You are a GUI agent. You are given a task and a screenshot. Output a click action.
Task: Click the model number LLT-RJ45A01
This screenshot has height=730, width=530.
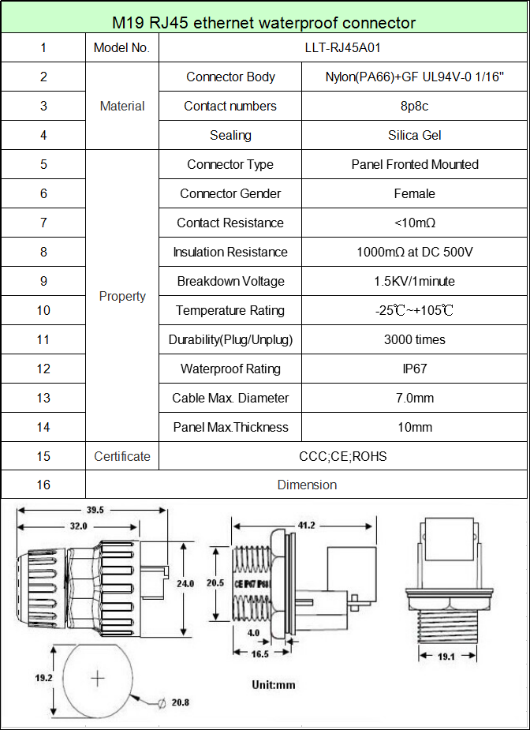coord(342,47)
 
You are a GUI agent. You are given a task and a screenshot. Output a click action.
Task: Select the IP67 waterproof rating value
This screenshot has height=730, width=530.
coord(415,369)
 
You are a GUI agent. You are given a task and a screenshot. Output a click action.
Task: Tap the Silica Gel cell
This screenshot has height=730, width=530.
coord(415,135)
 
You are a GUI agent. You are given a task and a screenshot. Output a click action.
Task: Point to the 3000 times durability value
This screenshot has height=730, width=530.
coord(415,339)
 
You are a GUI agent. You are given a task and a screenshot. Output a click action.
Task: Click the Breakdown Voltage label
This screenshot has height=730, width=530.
coord(230,281)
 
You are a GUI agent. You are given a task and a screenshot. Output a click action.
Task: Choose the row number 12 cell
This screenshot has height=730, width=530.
coord(43,369)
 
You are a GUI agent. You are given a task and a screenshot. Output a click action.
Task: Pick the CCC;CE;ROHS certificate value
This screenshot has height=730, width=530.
coord(342,456)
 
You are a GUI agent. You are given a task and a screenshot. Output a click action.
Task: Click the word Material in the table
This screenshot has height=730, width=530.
coord(122,107)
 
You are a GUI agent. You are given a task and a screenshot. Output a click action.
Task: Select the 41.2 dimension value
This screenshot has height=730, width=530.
coord(306,525)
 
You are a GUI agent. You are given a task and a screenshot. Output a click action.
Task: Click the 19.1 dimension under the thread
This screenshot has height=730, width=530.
coord(446,657)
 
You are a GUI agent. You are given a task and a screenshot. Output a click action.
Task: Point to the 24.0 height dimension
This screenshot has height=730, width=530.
coord(185,584)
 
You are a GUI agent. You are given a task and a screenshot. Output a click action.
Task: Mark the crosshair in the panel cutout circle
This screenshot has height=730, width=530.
coord(98,679)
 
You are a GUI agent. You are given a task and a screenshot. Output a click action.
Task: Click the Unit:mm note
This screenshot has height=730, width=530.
coord(274,684)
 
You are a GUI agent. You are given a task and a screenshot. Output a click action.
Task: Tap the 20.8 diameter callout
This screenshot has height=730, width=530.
coord(180,702)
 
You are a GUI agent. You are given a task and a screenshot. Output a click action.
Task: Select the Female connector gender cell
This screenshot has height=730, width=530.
coord(415,193)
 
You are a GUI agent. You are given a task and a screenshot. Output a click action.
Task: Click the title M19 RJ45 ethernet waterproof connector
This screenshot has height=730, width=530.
coord(264,22)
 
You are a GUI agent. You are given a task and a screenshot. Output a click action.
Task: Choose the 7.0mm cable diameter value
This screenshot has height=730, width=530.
coord(415,398)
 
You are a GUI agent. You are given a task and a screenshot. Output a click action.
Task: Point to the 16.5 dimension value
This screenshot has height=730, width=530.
coord(260,654)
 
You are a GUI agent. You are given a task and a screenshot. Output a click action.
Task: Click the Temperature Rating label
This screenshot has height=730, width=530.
coord(230,310)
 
